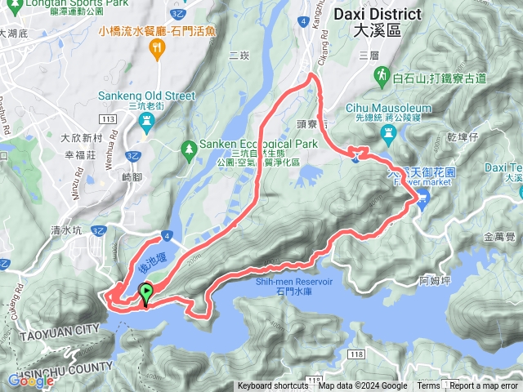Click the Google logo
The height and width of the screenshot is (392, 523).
[30, 381]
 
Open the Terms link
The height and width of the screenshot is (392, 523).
[428, 386]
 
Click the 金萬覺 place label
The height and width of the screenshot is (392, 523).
[499, 236]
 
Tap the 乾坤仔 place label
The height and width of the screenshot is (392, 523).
[462, 136]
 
